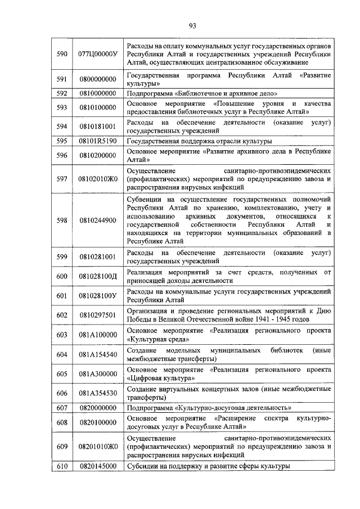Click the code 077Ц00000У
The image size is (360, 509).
tap(98, 53)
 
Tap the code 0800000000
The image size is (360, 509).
tap(98, 79)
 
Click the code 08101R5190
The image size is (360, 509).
tap(98, 141)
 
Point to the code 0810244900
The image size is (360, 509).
tap(98, 220)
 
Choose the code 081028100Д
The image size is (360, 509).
tap(98, 276)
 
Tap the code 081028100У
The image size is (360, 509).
tap(98, 296)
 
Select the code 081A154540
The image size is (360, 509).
tap(98, 354)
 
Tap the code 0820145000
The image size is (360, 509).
tap(98, 466)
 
